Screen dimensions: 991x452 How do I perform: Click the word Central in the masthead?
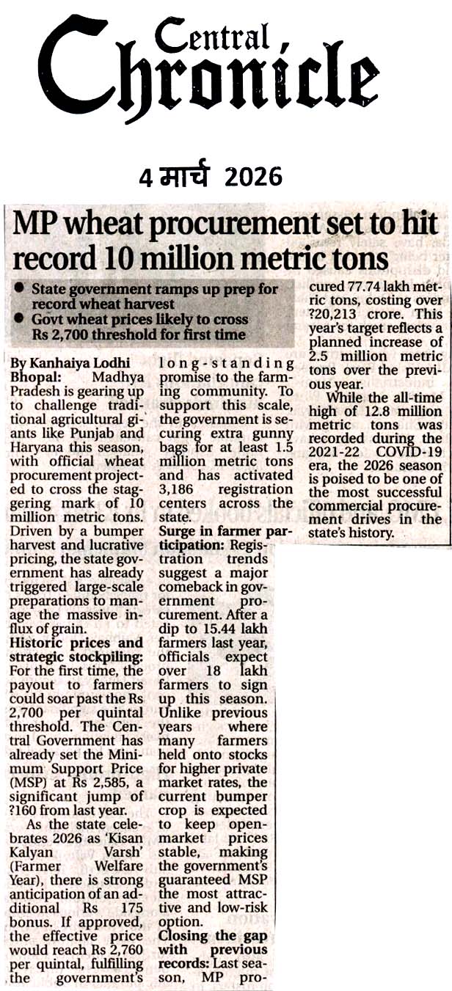point(213,34)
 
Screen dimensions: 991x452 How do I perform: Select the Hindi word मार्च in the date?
point(184,176)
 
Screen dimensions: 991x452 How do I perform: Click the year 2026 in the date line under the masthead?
point(254,176)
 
